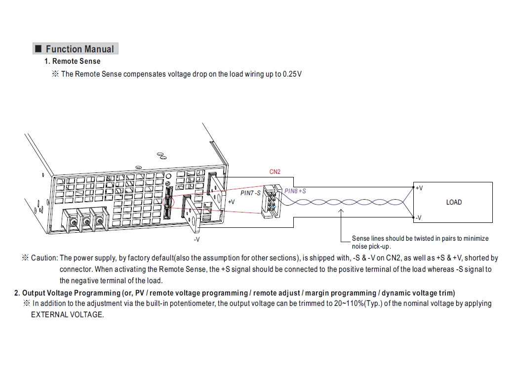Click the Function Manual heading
(x=79, y=49)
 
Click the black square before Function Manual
(x=38, y=49)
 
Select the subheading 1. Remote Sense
(x=72, y=61)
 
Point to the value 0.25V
(x=292, y=74)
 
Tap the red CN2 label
(x=275, y=172)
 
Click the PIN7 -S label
(x=250, y=193)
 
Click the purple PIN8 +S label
(x=295, y=191)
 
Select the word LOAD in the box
(x=454, y=202)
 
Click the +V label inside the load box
(x=419, y=188)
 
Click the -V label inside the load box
(x=418, y=217)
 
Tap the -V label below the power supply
(x=197, y=239)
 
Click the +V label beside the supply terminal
(x=231, y=202)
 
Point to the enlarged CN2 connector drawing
(x=270, y=202)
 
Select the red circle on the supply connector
(x=168, y=202)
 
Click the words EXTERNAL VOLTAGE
(x=68, y=315)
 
